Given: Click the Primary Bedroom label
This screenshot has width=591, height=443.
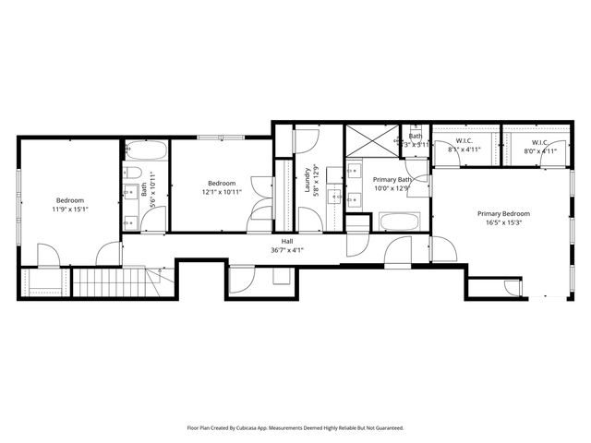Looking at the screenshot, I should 502,213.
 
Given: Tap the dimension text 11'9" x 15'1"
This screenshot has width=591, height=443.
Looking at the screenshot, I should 70,210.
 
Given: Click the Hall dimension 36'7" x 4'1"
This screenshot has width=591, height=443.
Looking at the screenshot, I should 288,250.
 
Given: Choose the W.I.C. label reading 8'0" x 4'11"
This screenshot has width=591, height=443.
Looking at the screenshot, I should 541,150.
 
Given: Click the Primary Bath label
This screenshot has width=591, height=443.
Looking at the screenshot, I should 392,179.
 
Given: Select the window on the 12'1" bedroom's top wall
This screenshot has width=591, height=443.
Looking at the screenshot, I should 221,138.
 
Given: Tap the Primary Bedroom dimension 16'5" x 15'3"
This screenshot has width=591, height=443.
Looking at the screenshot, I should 502,222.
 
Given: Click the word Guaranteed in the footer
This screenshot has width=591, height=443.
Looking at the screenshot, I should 384,428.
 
